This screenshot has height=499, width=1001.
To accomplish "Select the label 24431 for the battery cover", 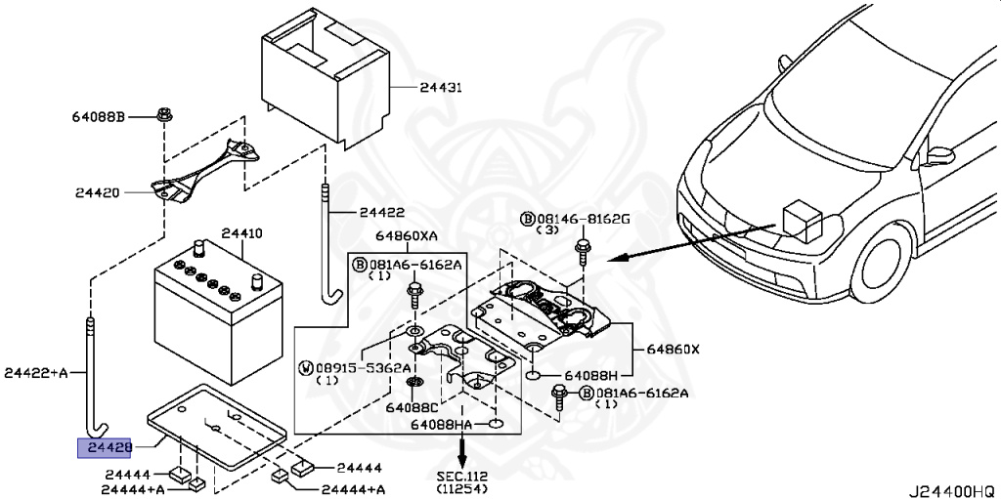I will click(441, 88).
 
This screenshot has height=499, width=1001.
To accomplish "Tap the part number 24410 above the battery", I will click(241, 234).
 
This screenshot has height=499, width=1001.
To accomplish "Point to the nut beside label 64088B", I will click(164, 116).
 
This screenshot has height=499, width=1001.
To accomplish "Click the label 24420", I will click(96, 192).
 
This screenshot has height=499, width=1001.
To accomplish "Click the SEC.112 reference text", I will click(460, 476).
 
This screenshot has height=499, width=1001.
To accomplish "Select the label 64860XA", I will click(405, 236).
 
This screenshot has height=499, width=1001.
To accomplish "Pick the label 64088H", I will click(590, 375).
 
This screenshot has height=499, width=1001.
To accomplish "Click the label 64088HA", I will click(441, 425).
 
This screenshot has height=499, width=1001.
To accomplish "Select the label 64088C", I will click(411, 407).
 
